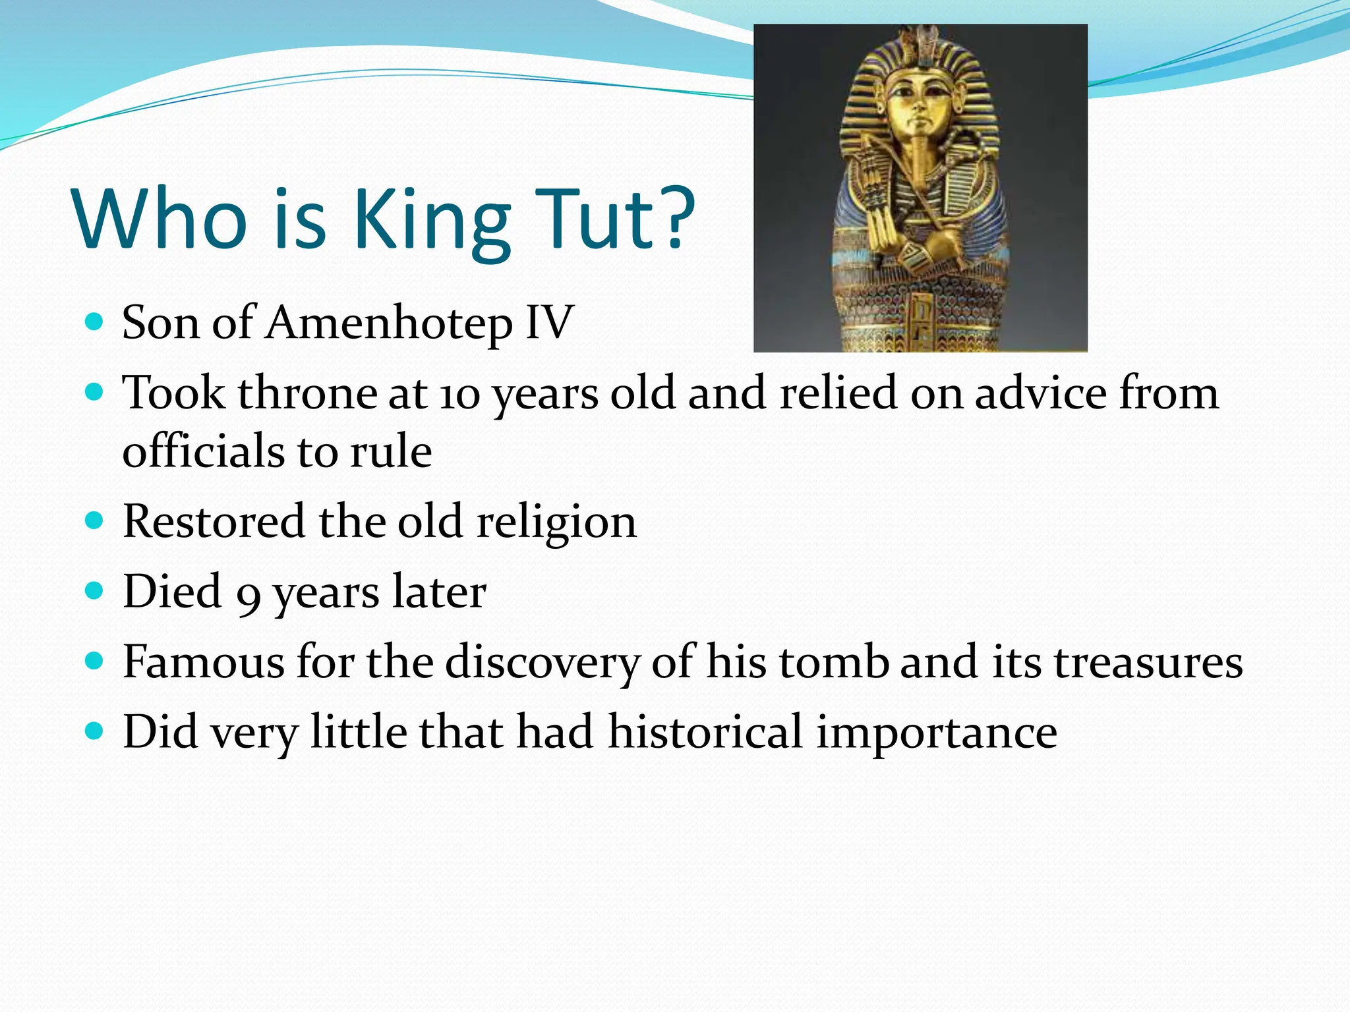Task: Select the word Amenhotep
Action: pos(389,324)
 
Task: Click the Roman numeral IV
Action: pos(549,323)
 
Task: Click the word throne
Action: pos(307,394)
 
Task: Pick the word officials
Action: pos(203,452)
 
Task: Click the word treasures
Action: pos(1148,663)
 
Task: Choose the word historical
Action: pos(705,732)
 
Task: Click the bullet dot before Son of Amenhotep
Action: pos(95,322)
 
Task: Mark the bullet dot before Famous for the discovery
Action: pos(95,660)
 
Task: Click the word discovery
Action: pos(542,663)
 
